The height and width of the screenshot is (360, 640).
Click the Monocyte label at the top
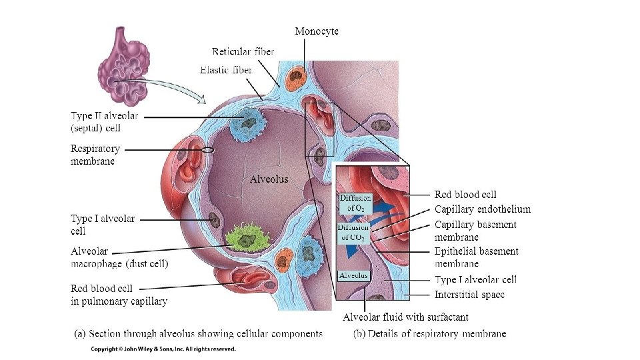[x=317, y=31]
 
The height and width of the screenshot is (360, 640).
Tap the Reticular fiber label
[x=243, y=51]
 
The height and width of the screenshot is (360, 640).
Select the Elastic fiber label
[x=225, y=69]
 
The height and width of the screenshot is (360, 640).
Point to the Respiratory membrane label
[x=95, y=155]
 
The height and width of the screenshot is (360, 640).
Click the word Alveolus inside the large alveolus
[x=269, y=179]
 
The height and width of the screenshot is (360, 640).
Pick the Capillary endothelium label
[x=482, y=209]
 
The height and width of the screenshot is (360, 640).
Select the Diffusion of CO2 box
[x=353, y=232]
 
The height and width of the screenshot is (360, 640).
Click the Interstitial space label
[x=469, y=295]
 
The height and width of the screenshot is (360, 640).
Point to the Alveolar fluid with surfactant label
[x=405, y=317]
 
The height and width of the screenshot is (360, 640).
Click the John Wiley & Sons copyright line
[x=163, y=349]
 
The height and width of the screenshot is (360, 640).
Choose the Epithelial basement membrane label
[x=476, y=257]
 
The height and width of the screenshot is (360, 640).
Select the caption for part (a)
[x=198, y=333]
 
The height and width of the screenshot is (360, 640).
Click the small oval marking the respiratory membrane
[x=208, y=150]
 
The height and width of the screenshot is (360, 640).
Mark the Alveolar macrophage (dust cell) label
[x=119, y=257]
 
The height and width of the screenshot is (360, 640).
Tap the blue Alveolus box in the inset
[x=353, y=275]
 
